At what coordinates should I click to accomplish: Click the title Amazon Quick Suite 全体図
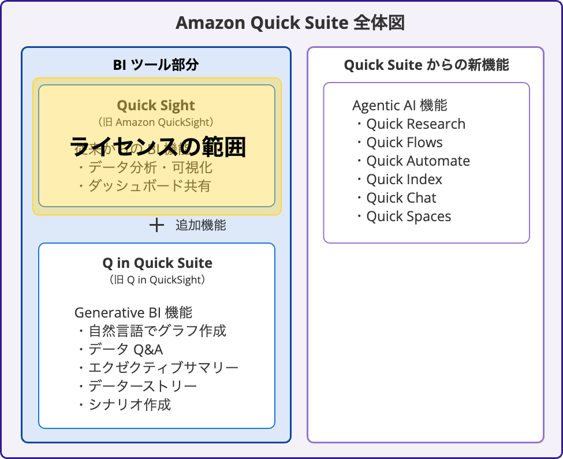click(x=290, y=23)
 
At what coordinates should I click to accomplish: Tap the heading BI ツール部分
click(x=156, y=65)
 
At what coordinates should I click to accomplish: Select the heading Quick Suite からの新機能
click(x=426, y=65)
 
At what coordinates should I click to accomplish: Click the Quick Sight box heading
click(x=156, y=106)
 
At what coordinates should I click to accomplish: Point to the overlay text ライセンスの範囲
click(x=158, y=147)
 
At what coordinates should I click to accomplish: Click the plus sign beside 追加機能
click(x=156, y=225)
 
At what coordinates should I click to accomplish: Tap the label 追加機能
click(x=201, y=225)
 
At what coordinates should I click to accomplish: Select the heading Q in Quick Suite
click(x=157, y=263)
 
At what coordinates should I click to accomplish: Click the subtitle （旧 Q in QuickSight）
click(x=157, y=280)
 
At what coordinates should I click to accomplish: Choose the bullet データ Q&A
click(x=125, y=349)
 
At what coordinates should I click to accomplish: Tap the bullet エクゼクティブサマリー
click(x=162, y=368)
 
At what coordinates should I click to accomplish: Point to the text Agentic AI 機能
click(x=400, y=106)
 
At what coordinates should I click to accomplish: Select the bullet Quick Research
click(x=415, y=124)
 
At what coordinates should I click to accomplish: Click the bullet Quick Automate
click(x=417, y=161)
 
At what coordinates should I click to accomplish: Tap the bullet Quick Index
click(x=404, y=180)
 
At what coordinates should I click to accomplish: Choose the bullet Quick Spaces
click(x=408, y=217)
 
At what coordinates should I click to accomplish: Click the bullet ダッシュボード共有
click(x=149, y=186)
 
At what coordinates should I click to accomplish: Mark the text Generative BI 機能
click(x=133, y=313)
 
